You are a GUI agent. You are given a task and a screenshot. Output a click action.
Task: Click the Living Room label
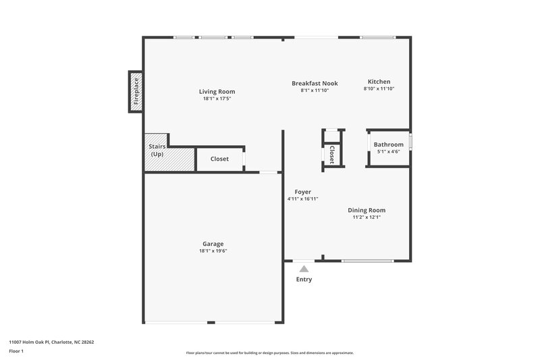[217, 91]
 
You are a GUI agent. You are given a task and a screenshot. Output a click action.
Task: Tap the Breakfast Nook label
[315, 83]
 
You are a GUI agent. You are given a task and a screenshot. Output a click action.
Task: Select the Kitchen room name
[379, 82]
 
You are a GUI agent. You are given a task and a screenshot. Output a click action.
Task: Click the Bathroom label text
[388, 145]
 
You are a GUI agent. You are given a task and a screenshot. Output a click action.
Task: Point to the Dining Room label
[367, 210]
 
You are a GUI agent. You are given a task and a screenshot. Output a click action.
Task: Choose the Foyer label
[302, 192]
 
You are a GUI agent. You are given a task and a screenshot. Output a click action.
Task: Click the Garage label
[213, 244]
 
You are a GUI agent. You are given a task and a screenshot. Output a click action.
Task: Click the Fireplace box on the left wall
[136, 91]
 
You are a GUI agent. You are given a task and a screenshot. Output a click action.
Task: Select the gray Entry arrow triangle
[304, 269]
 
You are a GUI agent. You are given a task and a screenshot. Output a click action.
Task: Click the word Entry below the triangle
[304, 280]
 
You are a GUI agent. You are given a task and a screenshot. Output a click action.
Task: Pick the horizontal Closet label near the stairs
[219, 159]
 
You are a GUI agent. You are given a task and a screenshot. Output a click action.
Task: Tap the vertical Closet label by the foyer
[332, 155]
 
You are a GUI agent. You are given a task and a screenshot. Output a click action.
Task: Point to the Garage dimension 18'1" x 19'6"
[213, 251]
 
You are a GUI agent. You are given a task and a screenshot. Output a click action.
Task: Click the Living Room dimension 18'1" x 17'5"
[217, 99]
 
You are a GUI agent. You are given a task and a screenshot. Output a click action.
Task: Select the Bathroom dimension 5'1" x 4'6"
[388, 151]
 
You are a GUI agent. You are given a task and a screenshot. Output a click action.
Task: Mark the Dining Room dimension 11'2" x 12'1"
[367, 217]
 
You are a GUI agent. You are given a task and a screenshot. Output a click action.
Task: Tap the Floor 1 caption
[16, 352]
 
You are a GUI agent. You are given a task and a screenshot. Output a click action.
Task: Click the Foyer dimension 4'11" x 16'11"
[302, 199]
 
